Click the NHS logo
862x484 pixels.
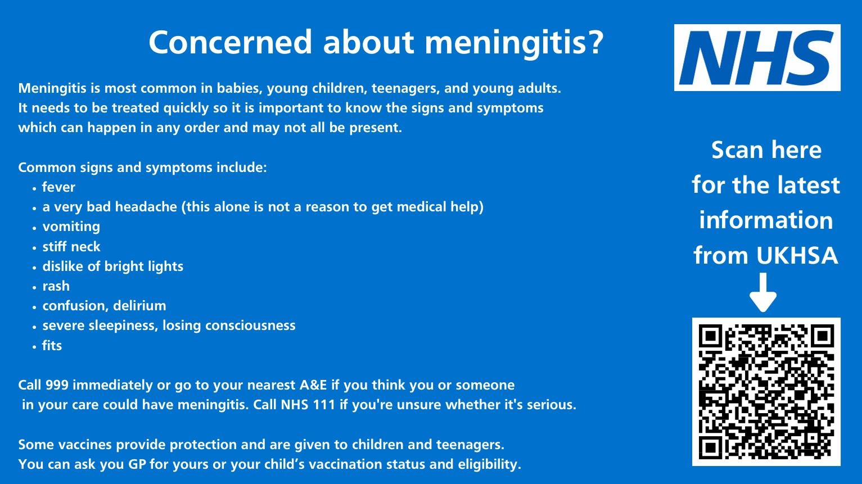pyautogui.click(x=757, y=57)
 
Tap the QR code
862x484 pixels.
pyautogui.click(x=766, y=391)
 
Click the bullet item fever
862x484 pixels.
pyautogui.click(x=58, y=187)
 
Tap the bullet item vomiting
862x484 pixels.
pyautogui.click(x=71, y=227)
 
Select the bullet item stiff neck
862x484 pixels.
pyautogui.click(x=71, y=247)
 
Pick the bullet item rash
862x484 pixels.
pyautogui.click(x=56, y=286)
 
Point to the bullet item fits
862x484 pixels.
pyautogui.click(x=52, y=346)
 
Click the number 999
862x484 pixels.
pyautogui.click(x=57, y=385)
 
